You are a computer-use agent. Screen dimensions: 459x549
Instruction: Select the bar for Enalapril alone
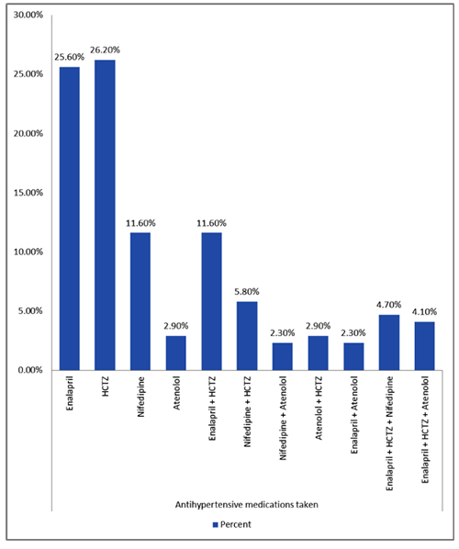(x=70, y=218)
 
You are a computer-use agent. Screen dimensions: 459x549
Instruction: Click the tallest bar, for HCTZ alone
(x=105, y=215)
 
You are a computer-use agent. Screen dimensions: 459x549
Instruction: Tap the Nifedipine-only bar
(x=140, y=301)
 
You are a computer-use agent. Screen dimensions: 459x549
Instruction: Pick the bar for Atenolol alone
(x=175, y=353)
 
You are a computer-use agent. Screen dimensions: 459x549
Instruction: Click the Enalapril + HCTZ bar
(x=211, y=301)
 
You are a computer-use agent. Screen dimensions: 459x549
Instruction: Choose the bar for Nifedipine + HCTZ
(x=247, y=336)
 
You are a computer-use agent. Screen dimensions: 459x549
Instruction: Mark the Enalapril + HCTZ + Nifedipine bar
(x=389, y=342)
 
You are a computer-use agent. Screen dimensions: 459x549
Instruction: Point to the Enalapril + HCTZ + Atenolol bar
(x=424, y=346)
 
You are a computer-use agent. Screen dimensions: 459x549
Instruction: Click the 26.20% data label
(x=105, y=50)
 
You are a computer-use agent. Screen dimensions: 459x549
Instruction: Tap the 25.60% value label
(x=70, y=57)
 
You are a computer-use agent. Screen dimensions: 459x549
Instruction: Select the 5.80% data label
(x=247, y=292)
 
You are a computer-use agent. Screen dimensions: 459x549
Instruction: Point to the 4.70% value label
(x=389, y=305)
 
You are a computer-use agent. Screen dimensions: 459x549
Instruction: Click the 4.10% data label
(x=424, y=311)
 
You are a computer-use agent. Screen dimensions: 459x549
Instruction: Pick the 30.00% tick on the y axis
(x=28, y=15)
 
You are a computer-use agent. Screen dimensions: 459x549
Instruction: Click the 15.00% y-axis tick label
(x=28, y=193)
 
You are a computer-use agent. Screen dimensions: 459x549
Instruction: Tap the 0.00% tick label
(x=30, y=370)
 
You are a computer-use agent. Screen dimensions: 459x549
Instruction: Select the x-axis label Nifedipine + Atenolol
(x=283, y=418)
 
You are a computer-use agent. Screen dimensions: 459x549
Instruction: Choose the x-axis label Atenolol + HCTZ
(x=319, y=408)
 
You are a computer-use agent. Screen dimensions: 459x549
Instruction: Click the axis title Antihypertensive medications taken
(x=246, y=505)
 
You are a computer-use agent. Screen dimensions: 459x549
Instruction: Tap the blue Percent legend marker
(x=216, y=524)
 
